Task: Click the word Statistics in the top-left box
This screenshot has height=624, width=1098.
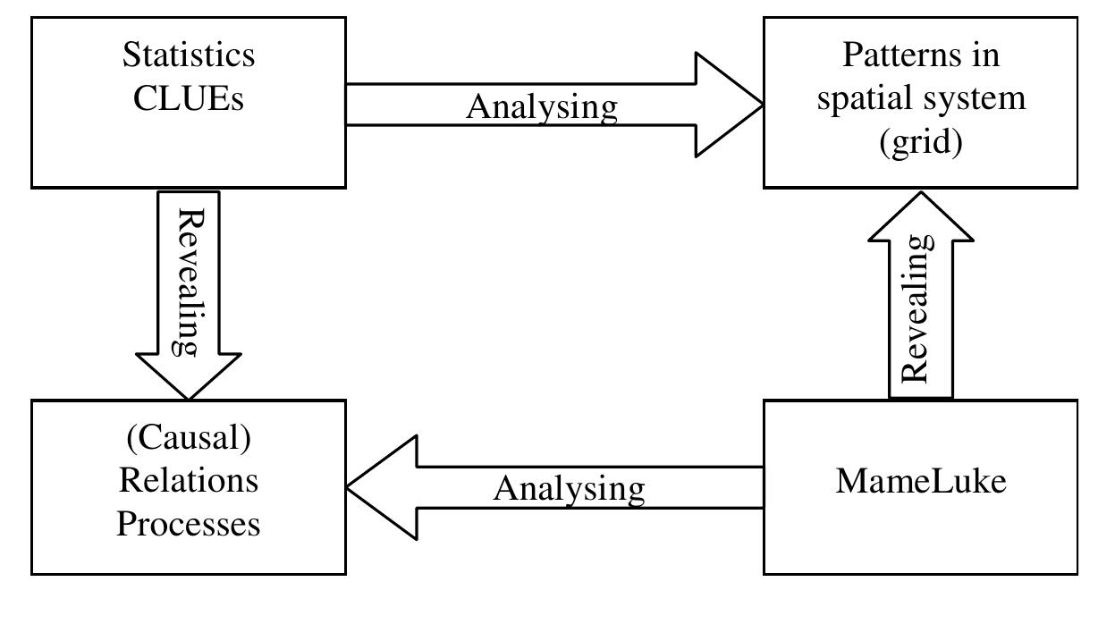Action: click(x=189, y=55)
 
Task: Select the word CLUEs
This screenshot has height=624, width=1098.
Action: click(x=189, y=98)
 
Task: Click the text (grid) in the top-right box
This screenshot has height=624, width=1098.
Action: click(x=920, y=142)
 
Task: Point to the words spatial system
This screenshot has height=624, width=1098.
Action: click(x=920, y=98)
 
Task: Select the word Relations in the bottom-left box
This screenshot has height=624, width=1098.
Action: click(x=189, y=480)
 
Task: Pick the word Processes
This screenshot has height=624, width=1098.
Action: click(x=189, y=523)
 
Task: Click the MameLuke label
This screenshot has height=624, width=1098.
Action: click(x=921, y=481)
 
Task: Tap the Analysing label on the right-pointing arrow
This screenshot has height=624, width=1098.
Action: click(x=542, y=107)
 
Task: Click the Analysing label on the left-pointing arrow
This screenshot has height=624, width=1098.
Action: click(x=569, y=489)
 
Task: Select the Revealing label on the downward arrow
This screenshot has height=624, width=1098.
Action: click(x=189, y=282)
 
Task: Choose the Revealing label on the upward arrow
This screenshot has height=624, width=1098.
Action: click(x=920, y=308)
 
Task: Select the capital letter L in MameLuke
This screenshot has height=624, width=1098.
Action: click(x=932, y=481)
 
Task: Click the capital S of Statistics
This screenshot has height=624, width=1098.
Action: click(x=131, y=55)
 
